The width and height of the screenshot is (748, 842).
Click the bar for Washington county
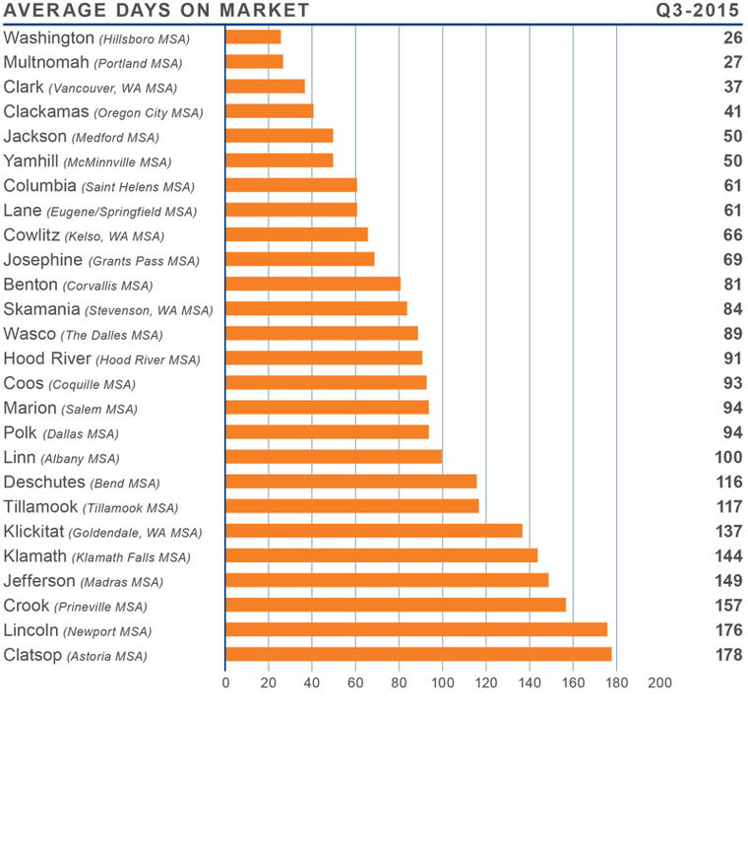pos(253,37)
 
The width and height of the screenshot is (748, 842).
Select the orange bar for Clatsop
pos(418,655)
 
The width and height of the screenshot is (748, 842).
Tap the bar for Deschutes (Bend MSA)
pos(351,482)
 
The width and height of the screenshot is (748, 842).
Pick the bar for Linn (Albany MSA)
pos(334,457)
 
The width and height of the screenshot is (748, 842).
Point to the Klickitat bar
pos(374,531)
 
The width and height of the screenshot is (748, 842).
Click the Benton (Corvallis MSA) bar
pos(313,285)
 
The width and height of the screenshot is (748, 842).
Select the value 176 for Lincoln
pos(729,630)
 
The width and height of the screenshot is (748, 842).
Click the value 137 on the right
pos(729,532)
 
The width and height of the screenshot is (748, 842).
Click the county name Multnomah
pos(47,62)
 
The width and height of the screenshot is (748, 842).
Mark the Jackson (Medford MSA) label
pos(81,137)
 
